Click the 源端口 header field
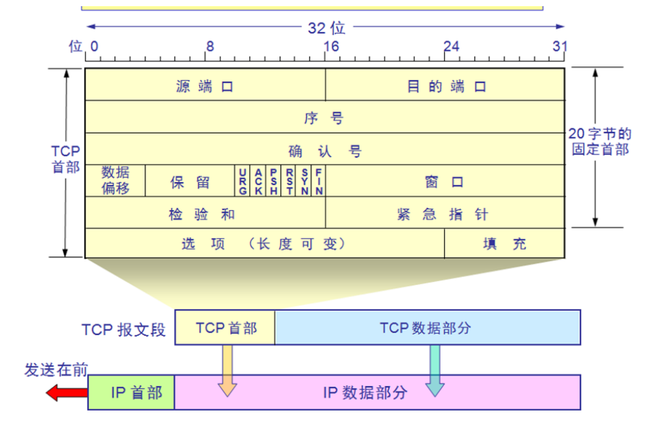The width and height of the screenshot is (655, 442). tap(205, 86)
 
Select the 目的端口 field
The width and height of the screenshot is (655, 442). tap(445, 86)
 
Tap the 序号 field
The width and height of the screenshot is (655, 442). tap(325, 118)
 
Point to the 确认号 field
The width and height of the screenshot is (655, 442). tap(325, 151)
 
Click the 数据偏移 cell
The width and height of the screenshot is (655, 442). tap(115, 181)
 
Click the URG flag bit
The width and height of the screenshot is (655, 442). tap(243, 181)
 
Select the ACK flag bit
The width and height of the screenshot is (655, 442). tap(258, 181)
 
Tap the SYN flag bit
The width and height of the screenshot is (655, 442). tap(304, 181)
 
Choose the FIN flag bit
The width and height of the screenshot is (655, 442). tap(319, 181)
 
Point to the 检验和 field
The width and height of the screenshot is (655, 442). tap(205, 213)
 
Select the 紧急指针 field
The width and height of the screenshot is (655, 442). tap(445, 213)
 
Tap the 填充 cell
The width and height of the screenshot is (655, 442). tap(505, 244)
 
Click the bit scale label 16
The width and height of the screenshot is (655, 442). tap(331, 47)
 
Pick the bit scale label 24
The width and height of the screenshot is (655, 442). tap(451, 47)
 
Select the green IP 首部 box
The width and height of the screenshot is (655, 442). tap(132, 393)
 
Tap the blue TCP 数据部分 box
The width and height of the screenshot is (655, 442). tap(427, 327)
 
